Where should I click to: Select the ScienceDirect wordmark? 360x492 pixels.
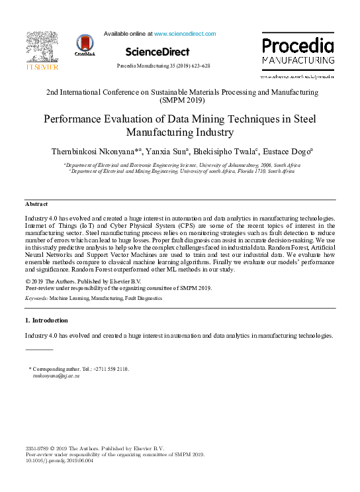click(x=157, y=52)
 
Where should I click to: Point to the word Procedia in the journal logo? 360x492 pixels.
click(x=298, y=46)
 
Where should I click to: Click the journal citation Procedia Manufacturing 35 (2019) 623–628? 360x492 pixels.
click(x=163, y=66)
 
